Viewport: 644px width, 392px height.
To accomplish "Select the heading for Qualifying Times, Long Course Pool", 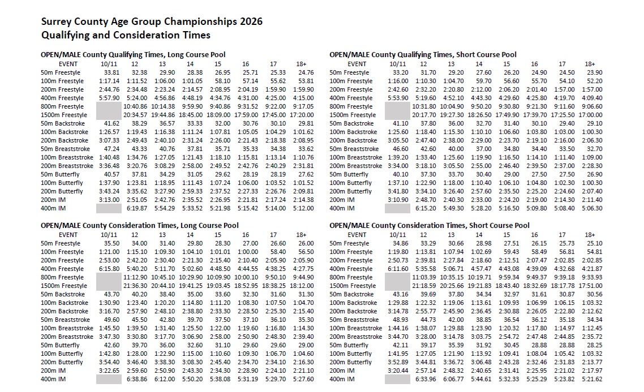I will [134, 55].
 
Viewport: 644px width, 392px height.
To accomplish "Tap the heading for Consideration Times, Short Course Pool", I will [430, 226].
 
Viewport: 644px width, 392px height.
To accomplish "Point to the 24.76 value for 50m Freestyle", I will [306, 72].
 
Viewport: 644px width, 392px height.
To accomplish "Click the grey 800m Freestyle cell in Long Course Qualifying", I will [109, 106].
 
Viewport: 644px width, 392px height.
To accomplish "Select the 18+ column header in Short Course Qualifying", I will [590, 64].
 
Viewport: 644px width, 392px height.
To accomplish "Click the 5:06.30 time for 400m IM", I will [591, 208].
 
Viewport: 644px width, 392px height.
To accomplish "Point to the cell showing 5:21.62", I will [591, 379].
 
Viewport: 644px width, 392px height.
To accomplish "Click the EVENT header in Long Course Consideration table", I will [68, 235].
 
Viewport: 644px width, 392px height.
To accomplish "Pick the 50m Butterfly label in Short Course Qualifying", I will [349, 174].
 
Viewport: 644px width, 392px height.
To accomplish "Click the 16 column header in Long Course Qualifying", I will [246, 64].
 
